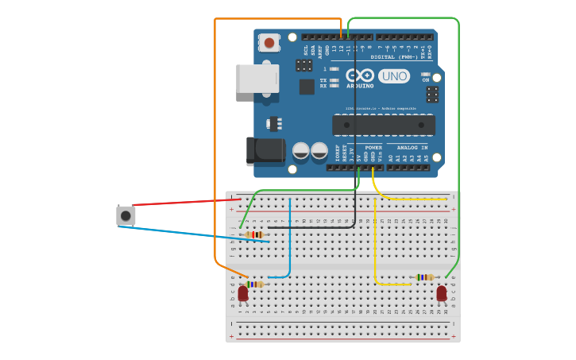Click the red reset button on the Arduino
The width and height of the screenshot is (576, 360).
(269, 42)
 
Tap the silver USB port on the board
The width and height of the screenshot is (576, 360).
(257, 79)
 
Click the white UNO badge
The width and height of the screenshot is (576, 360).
(394, 76)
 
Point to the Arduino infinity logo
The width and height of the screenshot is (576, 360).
(359, 75)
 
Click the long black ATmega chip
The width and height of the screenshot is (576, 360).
(384, 125)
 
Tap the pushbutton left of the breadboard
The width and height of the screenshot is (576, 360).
(126, 215)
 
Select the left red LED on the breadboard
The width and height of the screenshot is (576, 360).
(243, 293)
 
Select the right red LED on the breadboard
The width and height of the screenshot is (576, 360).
(442, 293)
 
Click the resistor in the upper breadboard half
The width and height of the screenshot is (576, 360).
(255, 234)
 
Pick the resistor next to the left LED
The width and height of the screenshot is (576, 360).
(254, 284)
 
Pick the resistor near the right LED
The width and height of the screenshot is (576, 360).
(425, 277)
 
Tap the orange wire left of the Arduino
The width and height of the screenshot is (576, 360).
(215, 143)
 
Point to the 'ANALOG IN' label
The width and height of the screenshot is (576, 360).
(412, 148)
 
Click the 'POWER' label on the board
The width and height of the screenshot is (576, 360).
(373, 148)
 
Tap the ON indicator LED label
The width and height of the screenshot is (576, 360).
(426, 80)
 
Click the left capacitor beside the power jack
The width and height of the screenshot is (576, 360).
(301, 150)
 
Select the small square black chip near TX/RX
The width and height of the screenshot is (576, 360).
(307, 87)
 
